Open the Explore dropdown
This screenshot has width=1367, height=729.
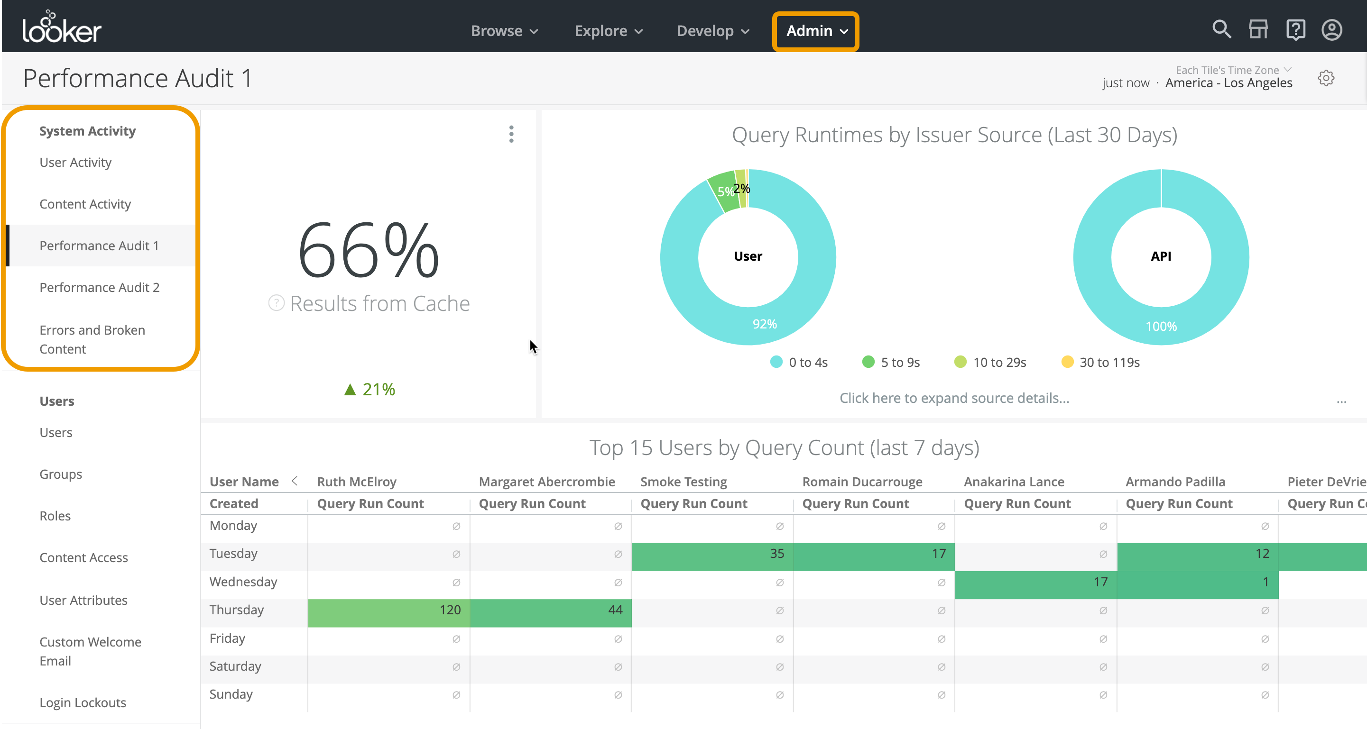(608, 31)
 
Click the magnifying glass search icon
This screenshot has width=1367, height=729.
(1221, 30)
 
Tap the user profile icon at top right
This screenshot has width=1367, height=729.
(1331, 30)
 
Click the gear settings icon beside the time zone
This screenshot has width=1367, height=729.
(1326, 79)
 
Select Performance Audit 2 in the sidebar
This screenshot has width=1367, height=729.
(99, 287)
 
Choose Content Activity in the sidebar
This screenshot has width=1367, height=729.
(85, 204)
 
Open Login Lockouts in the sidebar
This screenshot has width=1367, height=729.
(83, 702)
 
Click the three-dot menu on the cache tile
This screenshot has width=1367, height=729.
(511, 134)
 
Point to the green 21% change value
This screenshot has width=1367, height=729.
(370, 390)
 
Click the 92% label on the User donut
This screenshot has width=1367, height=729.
(764, 324)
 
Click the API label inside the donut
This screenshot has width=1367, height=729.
(1161, 256)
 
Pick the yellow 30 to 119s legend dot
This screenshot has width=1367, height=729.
(1067, 362)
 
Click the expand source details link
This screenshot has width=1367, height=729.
(953, 398)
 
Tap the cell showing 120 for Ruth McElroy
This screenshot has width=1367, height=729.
(388, 610)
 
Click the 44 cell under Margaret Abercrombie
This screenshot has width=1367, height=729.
(550, 610)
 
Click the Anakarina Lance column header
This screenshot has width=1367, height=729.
(1014, 482)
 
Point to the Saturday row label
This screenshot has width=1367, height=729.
(235, 666)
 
